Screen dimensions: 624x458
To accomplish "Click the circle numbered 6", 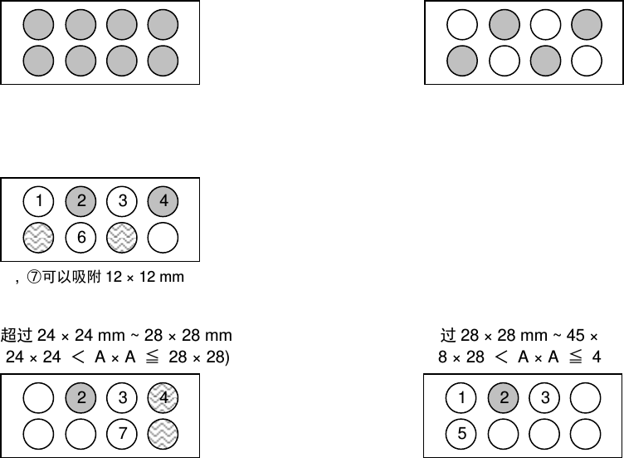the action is [x=81, y=239].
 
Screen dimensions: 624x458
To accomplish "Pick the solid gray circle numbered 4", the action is [x=163, y=200].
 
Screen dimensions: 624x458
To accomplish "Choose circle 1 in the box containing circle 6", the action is [x=39, y=200].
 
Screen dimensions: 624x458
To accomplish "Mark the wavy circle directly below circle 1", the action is [x=39, y=239].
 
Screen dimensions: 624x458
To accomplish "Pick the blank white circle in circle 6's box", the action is [x=163, y=239].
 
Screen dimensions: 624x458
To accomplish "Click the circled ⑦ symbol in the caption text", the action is [x=35, y=276].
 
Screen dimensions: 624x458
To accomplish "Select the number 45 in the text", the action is [x=577, y=336].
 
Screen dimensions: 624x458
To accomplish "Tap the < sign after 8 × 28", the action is [x=500, y=357].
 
